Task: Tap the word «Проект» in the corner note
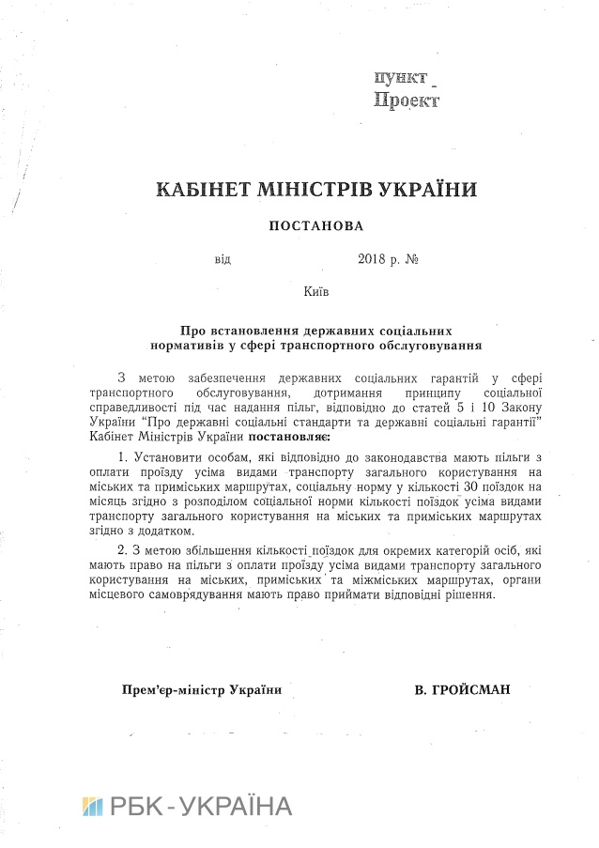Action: click(407, 100)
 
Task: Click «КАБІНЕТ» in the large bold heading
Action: click(206, 190)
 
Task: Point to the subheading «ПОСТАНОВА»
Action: click(315, 225)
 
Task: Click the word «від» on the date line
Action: click(222, 257)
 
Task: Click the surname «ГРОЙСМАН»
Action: click(475, 690)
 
